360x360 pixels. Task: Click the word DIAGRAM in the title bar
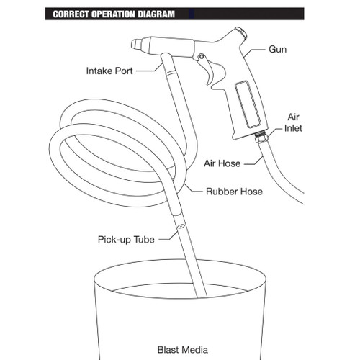[156, 14]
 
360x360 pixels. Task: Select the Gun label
[277, 50]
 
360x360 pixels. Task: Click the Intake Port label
[109, 71]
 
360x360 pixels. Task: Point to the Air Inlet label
[293, 122]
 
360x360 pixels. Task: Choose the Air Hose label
[222, 163]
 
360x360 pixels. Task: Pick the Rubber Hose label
[234, 192]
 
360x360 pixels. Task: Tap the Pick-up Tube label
[126, 240]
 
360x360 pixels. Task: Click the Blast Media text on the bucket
[183, 350]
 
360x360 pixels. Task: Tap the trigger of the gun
[212, 71]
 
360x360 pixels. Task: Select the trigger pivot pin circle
[202, 57]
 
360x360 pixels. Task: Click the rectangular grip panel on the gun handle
[248, 104]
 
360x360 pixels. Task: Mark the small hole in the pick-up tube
[180, 226]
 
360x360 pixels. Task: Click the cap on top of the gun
[240, 33]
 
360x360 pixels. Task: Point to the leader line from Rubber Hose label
[192, 189]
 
